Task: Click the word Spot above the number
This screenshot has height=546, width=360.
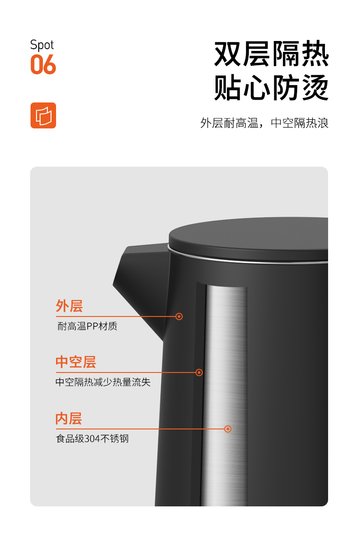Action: [42, 45]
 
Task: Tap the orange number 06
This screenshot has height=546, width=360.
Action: [43, 65]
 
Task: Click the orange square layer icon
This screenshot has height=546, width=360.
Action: [43, 115]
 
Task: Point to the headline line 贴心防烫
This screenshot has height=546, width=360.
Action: [271, 87]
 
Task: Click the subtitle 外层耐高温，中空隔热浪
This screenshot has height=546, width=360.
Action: [264, 123]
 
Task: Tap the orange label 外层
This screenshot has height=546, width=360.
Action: [69, 306]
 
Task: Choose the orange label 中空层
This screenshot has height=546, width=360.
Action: [76, 362]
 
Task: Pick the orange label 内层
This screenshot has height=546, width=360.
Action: [69, 418]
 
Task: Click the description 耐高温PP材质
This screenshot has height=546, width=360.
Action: [87, 326]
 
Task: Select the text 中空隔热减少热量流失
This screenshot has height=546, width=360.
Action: [103, 382]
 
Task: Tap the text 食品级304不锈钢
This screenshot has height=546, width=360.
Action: [93, 439]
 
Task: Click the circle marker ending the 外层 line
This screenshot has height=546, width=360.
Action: [179, 316]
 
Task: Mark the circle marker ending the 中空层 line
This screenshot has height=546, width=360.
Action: [199, 373]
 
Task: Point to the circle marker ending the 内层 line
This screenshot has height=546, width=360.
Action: [228, 429]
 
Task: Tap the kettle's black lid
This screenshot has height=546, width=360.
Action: [248, 237]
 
